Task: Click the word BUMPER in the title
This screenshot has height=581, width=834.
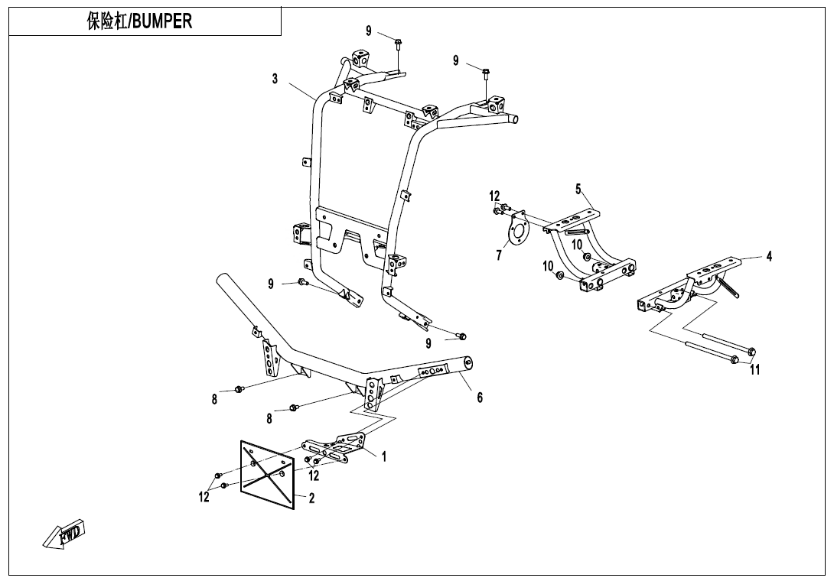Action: [x=162, y=21]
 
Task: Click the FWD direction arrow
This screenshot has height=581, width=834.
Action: [x=64, y=534]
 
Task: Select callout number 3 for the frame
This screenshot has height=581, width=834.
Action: [x=275, y=79]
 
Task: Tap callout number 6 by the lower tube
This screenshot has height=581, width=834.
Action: [x=480, y=397]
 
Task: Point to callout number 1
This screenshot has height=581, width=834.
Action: [x=384, y=457]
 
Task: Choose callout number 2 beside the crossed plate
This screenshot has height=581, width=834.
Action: [x=311, y=498]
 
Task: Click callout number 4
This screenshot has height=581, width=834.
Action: [x=769, y=257]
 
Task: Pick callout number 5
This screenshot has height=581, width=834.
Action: [x=578, y=188]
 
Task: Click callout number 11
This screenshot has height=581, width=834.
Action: [x=755, y=371]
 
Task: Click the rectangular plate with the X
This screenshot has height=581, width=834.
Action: [x=267, y=474]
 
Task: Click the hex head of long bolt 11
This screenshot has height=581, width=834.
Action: [x=751, y=352]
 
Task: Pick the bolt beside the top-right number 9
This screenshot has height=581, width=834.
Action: [x=486, y=73]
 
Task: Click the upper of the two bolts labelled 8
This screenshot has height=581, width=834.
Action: [x=239, y=389]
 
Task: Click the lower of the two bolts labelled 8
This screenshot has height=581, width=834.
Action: [x=293, y=408]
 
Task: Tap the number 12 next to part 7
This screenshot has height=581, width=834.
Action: [x=495, y=196]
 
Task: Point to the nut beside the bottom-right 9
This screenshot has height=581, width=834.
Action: [x=461, y=336]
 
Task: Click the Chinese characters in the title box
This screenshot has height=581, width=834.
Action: [x=106, y=21]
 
